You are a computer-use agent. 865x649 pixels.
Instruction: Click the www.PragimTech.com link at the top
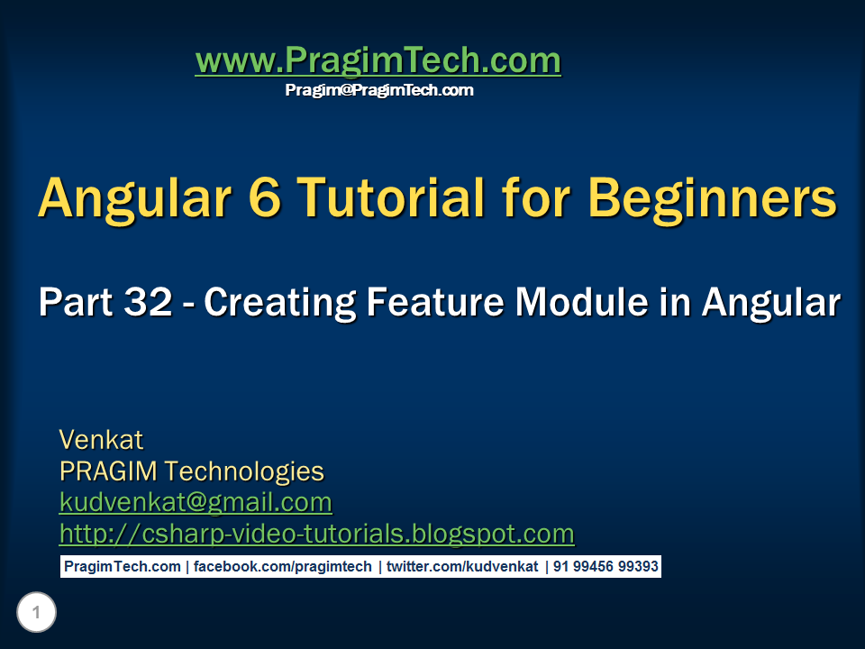pyautogui.click(x=378, y=61)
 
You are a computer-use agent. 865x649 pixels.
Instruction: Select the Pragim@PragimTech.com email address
pyautogui.click(x=379, y=90)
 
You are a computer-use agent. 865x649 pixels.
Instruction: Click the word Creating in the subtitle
pyautogui.click(x=279, y=304)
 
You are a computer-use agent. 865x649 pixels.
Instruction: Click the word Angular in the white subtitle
pyautogui.click(x=771, y=304)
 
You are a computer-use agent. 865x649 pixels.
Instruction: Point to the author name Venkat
pyautogui.click(x=101, y=440)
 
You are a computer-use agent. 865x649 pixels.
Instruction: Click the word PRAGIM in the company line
pyautogui.click(x=109, y=471)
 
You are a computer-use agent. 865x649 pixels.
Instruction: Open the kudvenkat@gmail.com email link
pyautogui.click(x=196, y=502)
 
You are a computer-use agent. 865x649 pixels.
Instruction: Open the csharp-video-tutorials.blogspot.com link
pyautogui.click(x=316, y=534)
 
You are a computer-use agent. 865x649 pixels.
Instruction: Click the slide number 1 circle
pyautogui.click(x=36, y=614)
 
